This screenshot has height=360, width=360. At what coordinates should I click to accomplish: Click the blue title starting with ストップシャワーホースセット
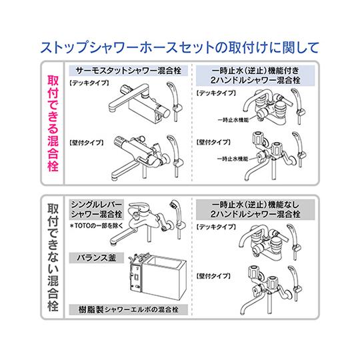click(x=180, y=47)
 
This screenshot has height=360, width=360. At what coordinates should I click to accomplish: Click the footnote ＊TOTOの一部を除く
click(x=93, y=226)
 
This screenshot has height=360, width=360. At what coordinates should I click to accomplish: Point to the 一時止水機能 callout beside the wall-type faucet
click(x=233, y=160)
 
